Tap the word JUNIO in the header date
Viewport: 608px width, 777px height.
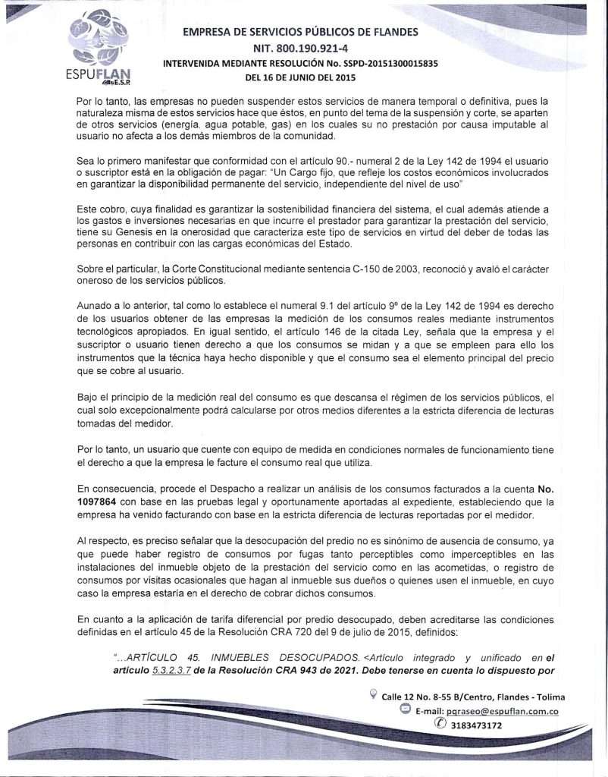pyautogui.click(x=291, y=77)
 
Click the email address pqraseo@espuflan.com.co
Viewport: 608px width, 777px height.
pyautogui.click(x=503, y=711)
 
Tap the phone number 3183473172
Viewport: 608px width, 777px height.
pyautogui.click(x=475, y=725)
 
